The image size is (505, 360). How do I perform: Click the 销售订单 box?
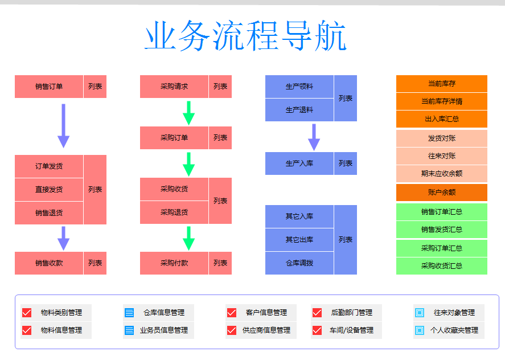click(x=49, y=87)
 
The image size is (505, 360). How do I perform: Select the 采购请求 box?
click(x=174, y=87)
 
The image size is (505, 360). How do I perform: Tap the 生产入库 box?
click(x=299, y=163)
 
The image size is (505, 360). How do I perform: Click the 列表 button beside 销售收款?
click(x=95, y=263)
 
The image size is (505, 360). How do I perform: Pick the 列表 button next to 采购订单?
click(x=220, y=138)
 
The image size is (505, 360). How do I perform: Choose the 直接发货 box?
click(x=49, y=190)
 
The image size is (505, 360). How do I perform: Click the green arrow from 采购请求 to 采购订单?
click(x=188, y=113)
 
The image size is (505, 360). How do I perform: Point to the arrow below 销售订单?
click(x=63, y=126)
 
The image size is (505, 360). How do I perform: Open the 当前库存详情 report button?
click(x=442, y=101)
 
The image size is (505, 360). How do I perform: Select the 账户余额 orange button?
click(x=442, y=193)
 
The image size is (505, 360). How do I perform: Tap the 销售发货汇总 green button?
click(x=442, y=230)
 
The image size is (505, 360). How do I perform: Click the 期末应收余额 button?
click(x=442, y=174)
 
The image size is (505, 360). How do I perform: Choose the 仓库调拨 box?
click(x=299, y=263)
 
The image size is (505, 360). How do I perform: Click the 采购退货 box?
click(x=174, y=212)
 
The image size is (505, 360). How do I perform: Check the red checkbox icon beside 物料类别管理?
click(x=27, y=313)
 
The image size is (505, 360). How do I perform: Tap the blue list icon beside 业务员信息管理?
click(x=129, y=330)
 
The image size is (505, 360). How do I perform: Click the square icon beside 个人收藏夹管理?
click(x=420, y=330)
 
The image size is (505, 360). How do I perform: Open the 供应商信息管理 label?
click(x=266, y=330)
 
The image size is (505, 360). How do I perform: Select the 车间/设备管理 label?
click(x=351, y=330)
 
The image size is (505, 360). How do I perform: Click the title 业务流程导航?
click(x=245, y=35)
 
